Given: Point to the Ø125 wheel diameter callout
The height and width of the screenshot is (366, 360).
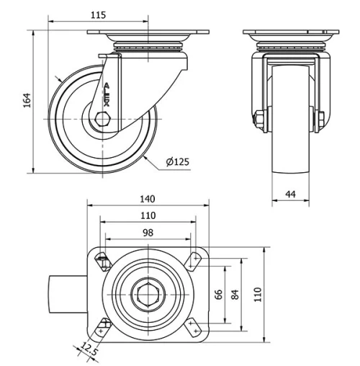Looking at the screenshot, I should pos(177,162).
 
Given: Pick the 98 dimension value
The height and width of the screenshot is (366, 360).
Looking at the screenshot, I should pos(148,232).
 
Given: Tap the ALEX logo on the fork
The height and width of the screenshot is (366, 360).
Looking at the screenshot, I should pos(107,94).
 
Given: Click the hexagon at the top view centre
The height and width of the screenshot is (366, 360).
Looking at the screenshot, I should pos(148,294).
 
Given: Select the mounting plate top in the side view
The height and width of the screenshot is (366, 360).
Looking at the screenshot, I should pos(148,32).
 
